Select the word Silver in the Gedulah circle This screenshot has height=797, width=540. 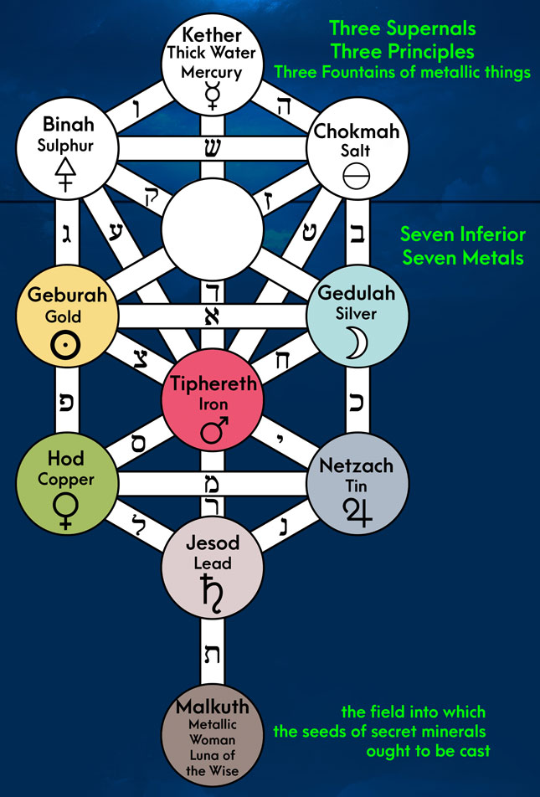click(357, 314)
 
